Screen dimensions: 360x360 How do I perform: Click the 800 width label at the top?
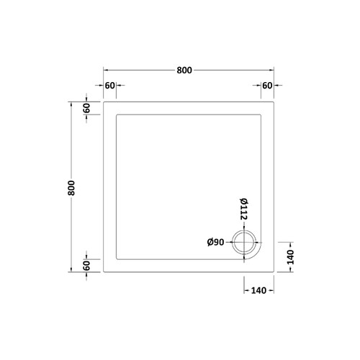(185, 71)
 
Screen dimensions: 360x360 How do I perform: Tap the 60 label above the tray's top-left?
(110, 86)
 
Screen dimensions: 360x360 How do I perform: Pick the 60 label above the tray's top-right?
(267, 86)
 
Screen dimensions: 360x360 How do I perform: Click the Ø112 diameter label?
(244, 209)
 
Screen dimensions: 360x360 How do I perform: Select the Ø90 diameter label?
(217, 243)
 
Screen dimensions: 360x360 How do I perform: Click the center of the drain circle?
(245, 243)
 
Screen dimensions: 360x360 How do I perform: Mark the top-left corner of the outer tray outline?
(104, 100)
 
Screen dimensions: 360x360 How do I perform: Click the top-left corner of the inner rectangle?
(117, 113)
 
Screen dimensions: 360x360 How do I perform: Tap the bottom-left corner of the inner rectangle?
(117, 258)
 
